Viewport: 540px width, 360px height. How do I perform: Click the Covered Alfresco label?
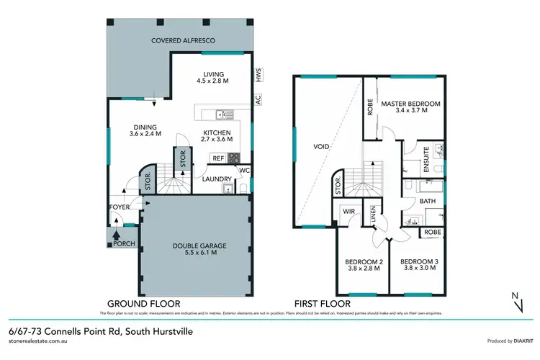(x=184, y=40)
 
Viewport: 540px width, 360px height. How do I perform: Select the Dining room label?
(x=145, y=130)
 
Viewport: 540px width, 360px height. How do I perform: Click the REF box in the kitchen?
(x=217, y=158)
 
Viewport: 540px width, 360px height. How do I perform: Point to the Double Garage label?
(x=195, y=248)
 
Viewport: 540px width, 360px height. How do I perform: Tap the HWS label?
(x=257, y=75)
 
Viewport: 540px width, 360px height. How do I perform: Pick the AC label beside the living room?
(x=257, y=101)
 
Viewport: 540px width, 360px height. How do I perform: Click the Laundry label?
(x=217, y=179)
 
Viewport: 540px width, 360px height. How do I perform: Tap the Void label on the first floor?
(x=321, y=146)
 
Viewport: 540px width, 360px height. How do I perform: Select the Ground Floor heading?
(x=143, y=303)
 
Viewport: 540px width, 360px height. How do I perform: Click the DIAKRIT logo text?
(x=516, y=341)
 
